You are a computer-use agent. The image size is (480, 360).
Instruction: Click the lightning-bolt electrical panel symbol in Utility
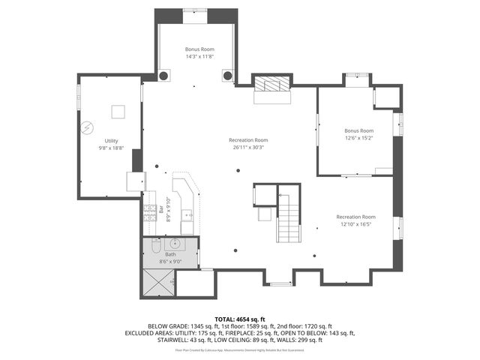click(88, 127)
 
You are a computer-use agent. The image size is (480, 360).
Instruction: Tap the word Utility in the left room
click(111, 140)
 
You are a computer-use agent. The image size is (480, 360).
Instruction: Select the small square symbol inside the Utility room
click(117, 112)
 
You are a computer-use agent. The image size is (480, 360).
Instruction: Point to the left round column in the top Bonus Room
click(163, 76)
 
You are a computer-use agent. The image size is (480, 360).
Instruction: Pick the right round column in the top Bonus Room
click(226, 76)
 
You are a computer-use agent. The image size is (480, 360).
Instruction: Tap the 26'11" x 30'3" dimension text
click(248, 147)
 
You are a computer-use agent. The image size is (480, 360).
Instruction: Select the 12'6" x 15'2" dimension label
click(358, 138)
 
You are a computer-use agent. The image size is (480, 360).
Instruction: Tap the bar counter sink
click(187, 217)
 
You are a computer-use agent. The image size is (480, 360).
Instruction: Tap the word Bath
click(170, 254)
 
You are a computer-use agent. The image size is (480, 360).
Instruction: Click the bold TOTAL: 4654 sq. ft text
click(239, 319)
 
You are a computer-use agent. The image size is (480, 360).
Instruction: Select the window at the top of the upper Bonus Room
click(195, 10)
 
